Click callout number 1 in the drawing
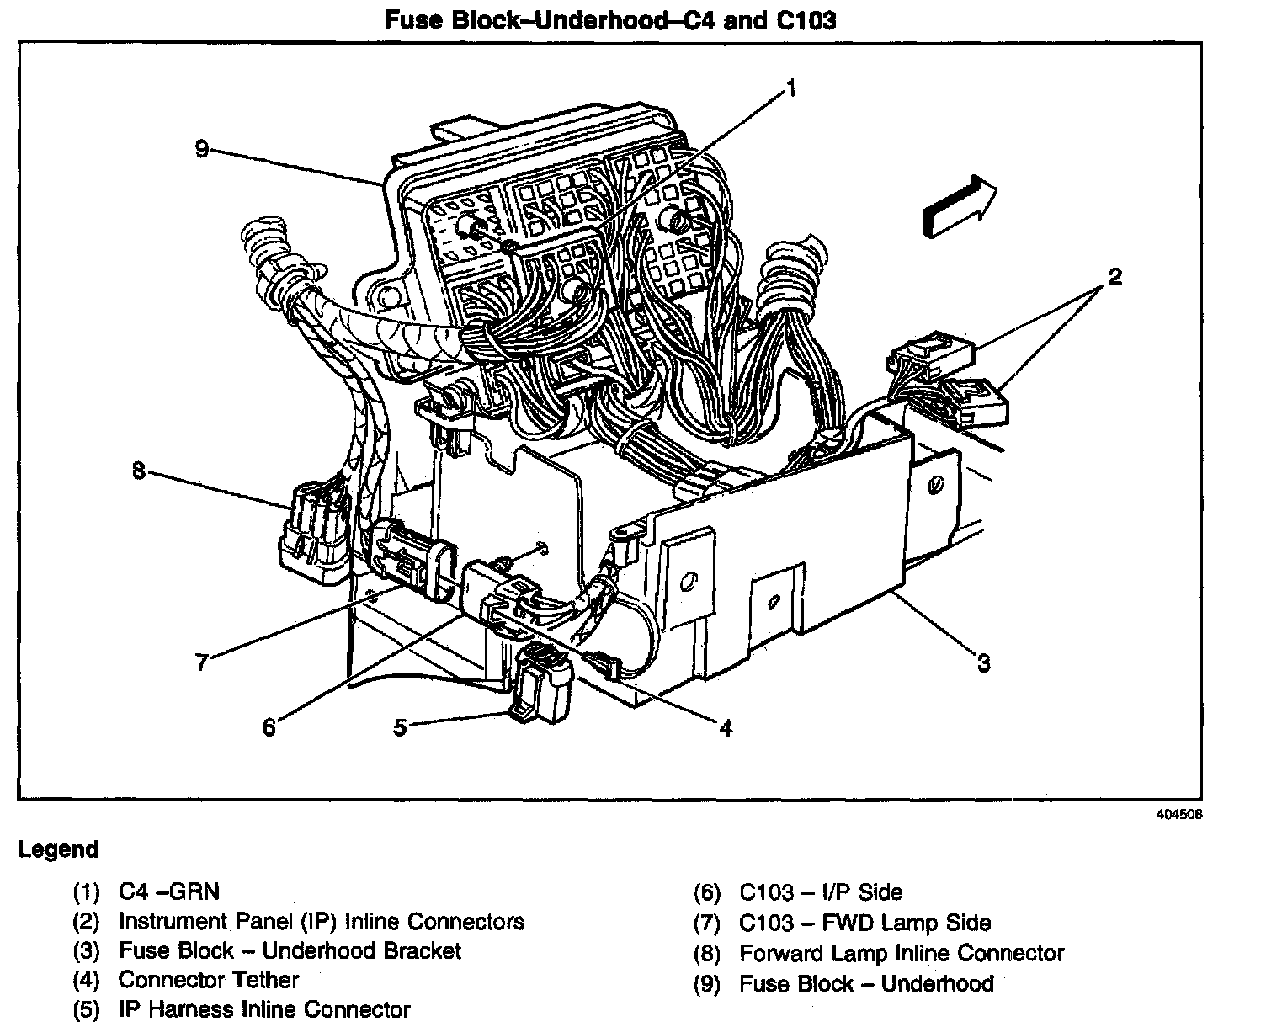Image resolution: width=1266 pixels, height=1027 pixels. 790,88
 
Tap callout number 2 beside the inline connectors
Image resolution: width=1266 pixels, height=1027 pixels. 1114,277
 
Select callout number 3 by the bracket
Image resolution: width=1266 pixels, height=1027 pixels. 983,662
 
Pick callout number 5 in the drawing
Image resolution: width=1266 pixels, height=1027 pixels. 400,726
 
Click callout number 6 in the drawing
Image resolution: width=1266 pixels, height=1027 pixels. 269,726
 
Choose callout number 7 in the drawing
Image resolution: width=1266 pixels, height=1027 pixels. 201,662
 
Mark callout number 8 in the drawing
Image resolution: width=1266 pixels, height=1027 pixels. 139,471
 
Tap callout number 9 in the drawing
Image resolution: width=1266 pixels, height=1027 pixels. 201,149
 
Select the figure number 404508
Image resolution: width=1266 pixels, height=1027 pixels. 1178,815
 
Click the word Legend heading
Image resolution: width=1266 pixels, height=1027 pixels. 58,849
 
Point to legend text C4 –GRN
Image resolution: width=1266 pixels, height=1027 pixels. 169,891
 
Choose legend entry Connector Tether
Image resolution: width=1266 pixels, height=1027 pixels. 209,980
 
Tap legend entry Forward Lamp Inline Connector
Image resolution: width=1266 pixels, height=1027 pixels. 902,953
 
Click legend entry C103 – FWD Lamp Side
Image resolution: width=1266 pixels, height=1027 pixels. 864,923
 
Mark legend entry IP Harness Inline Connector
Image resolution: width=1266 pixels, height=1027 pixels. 264,1009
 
